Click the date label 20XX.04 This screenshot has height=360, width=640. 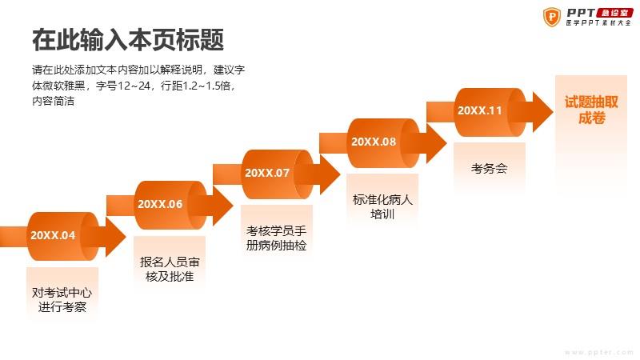(53, 235)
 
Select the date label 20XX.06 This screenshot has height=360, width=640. (160, 204)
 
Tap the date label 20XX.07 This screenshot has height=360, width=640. (267, 173)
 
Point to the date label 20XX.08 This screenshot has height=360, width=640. (374, 142)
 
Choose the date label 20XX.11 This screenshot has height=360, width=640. (479, 110)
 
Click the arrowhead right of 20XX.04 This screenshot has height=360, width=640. (116, 237)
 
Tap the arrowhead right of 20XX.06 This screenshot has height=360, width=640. (223, 206)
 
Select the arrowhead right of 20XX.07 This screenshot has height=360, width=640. (330, 174)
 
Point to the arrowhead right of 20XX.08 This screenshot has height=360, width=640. (436, 143)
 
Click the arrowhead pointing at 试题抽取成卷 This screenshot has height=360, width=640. (543, 112)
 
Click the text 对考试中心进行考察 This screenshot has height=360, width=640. (62, 299)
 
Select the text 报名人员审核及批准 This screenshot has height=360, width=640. (170, 269)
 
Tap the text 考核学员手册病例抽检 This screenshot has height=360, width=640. (276, 238)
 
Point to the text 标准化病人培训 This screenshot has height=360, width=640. (382, 207)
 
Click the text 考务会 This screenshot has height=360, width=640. (489, 168)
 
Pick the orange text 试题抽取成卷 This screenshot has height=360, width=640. (591, 110)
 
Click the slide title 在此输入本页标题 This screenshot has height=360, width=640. (128, 39)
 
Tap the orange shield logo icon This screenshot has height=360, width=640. (552, 17)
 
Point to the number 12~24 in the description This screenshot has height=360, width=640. (134, 86)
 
